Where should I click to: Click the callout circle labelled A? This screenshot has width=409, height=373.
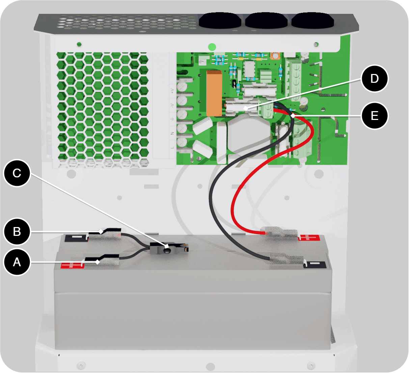(x=17, y=262)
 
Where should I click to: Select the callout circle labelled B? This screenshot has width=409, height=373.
(x=17, y=231)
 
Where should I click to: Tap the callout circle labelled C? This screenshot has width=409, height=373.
(x=17, y=173)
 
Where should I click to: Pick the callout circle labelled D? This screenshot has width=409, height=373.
(x=375, y=78)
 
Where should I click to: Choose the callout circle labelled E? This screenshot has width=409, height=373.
(x=375, y=116)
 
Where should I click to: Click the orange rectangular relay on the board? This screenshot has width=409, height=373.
(x=214, y=93)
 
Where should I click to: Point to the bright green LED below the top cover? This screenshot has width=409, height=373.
(x=212, y=47)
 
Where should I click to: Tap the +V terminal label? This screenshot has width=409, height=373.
(x=172, y=91)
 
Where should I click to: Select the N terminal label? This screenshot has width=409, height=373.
(x=172, y=133)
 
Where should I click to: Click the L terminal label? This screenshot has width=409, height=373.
(x=172, y=147)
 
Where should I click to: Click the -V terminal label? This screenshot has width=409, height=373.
(x=172, y=105)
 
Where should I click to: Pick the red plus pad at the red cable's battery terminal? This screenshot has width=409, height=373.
(x=308, y=238)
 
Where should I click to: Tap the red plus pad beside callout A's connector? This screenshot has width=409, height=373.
(x=72, y=266)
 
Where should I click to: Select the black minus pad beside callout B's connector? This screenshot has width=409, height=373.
(x=76, y=238)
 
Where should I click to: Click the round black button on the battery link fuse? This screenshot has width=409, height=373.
(x=167, y=250)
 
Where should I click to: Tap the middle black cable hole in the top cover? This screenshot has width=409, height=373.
(x=267, y=21)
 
